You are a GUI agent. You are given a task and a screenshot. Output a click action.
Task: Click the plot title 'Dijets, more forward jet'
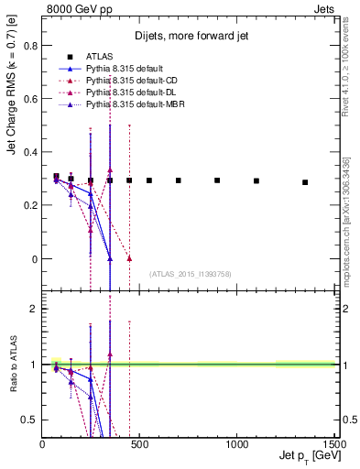pos(189,37)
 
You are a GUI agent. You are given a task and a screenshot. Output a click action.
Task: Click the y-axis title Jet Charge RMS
pos(13,119)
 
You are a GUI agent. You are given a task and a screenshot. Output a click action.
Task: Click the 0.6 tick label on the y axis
pos(29,99)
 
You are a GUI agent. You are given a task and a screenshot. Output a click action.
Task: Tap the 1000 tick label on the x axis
pos(237,443)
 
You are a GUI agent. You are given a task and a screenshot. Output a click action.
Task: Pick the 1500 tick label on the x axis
pos(334,443)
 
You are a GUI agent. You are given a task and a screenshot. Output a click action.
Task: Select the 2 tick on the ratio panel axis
pos(33,310)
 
